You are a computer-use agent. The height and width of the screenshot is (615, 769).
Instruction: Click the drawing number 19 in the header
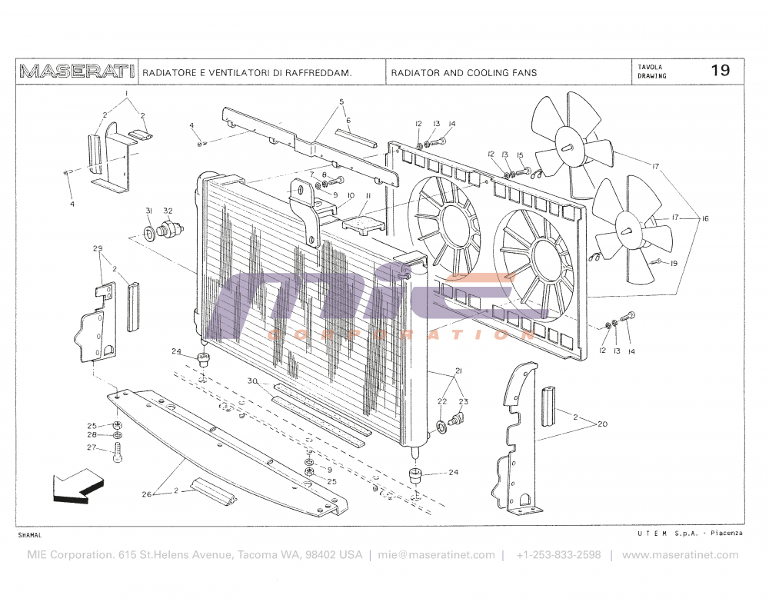[x=720, y=71]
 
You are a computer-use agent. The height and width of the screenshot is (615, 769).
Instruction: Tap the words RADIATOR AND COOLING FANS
[x=464, y=73]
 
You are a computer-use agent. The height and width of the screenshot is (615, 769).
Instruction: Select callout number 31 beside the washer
[x=149, y=211]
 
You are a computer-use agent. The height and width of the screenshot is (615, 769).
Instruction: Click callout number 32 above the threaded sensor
[x=168, y=211]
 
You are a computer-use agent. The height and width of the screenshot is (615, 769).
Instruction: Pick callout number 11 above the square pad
[x=368, y=196]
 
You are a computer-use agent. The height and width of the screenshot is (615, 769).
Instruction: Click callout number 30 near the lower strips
[x=251, y=381]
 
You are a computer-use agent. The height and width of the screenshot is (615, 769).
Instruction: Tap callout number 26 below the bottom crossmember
[x=147, y=494]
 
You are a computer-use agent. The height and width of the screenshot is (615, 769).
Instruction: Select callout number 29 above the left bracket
[x=98, y=248]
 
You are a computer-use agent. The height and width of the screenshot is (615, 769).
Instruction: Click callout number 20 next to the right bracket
[x=602, y=424]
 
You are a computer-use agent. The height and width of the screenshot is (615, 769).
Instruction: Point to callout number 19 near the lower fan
[x=673, y=264]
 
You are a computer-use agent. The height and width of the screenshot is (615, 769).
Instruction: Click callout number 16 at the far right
[x=704, y=219]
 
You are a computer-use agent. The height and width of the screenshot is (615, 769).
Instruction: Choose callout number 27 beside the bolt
[x=91, y=447]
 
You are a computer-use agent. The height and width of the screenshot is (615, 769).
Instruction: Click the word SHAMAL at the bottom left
[x=29, y=534]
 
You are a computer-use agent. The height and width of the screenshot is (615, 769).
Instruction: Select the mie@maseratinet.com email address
[x=436, y=555]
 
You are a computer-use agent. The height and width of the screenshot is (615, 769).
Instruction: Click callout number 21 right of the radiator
[x=458, y=371]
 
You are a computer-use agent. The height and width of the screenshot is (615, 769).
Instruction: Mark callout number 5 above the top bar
[x=341, y=102]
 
